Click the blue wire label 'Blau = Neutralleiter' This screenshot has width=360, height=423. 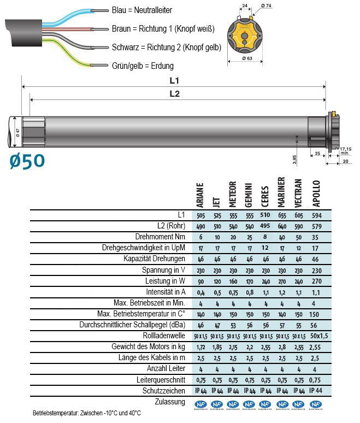coord(141,11)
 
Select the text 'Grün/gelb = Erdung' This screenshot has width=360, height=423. coord(142,66)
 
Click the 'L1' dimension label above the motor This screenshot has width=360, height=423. coord(174,80)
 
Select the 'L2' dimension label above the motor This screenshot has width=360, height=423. coord(174,94)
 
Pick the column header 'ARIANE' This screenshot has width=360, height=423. coord(200,194)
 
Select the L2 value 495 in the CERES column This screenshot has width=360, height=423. coord(265,226)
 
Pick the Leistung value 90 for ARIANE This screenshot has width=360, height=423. coord(200,281)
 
